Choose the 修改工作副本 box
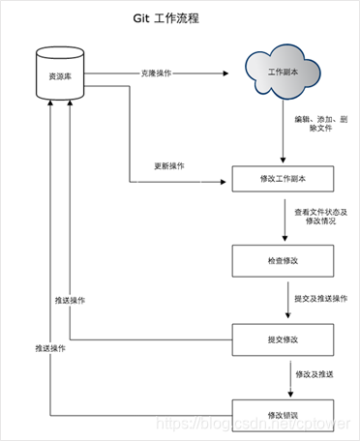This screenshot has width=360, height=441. pos(284,179)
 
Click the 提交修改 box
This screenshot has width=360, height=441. pos(284,339)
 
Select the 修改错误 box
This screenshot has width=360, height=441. pos(284,415)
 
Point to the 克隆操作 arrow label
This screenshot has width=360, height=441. pos(160,73)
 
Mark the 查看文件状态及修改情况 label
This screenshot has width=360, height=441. pos(320,215)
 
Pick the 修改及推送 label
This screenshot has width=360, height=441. pos(315,373)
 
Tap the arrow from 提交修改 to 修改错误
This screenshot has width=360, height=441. pos(284,377)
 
